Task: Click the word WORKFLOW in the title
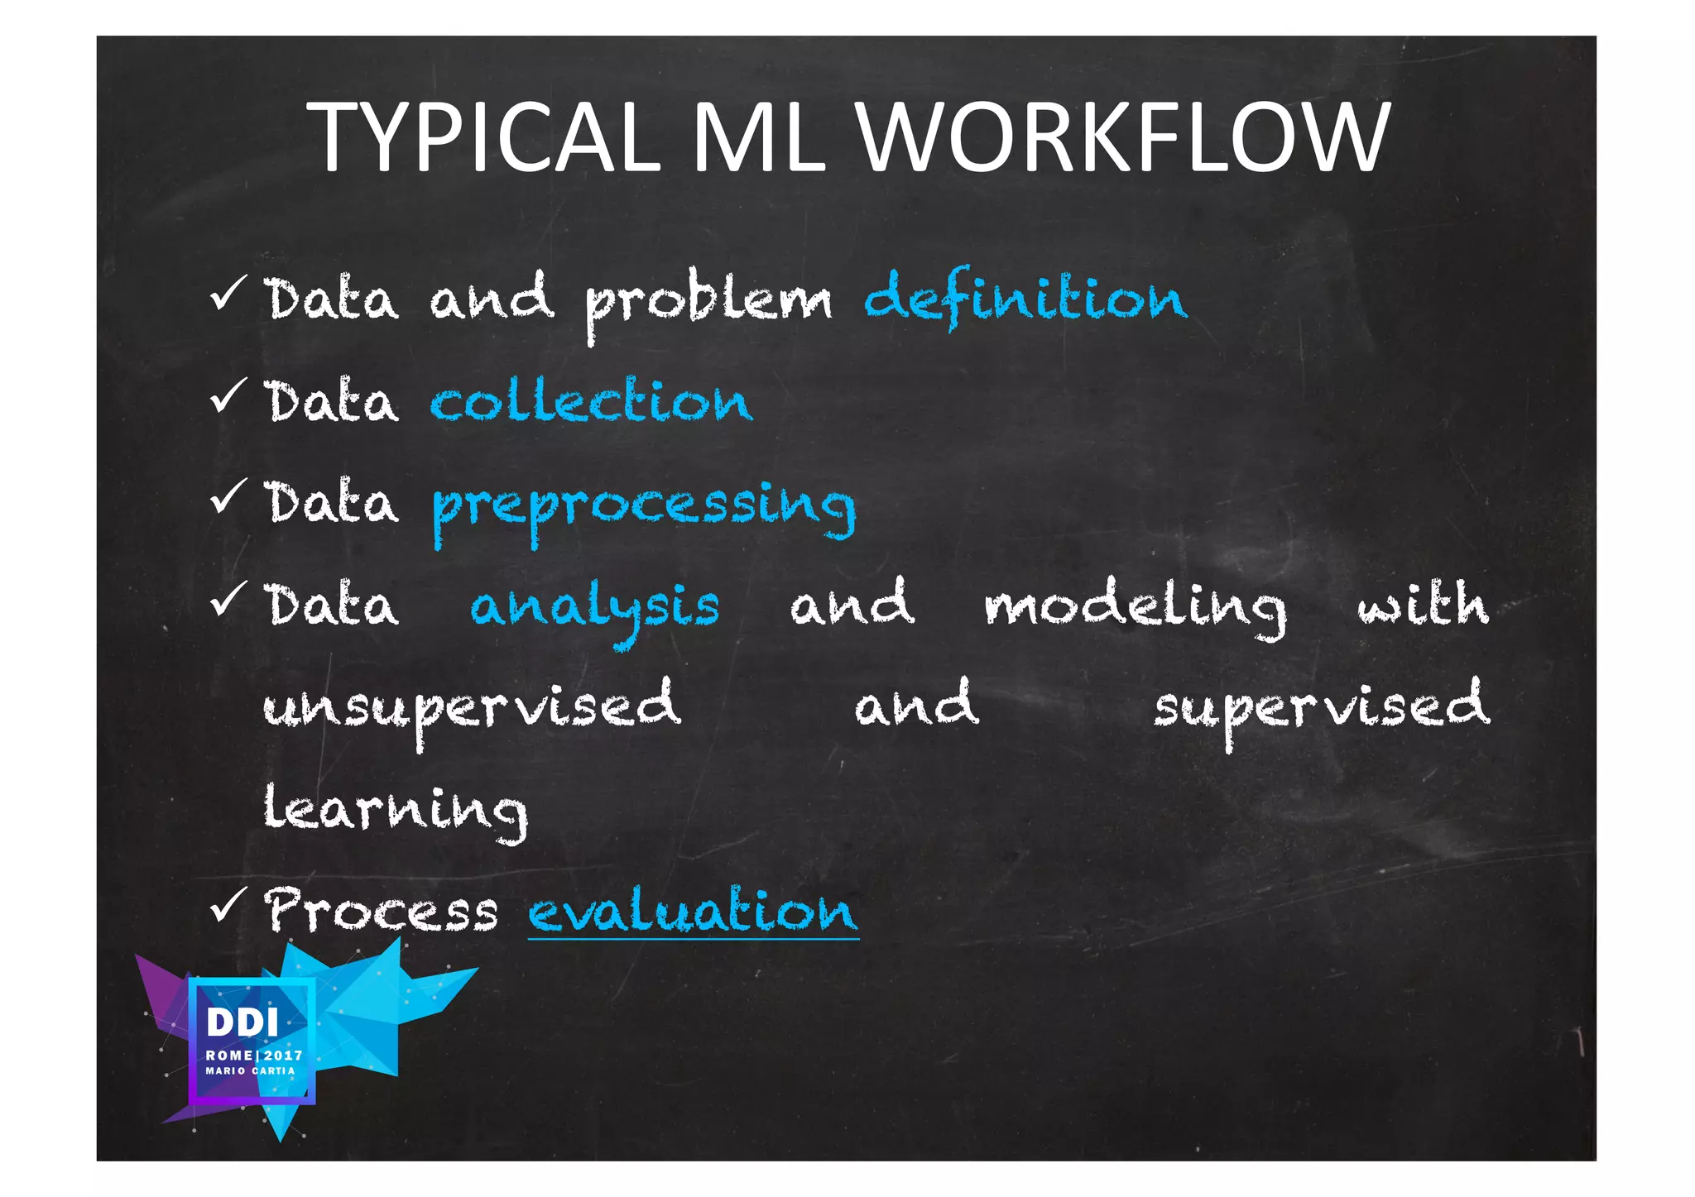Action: click(x=1123, y=137)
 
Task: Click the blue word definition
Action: click(x=1025, y=298)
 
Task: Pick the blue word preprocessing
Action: click(x=644, y=507)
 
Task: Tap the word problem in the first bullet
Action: click(x=708, y=302)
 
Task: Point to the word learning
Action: click(x=395, y=811)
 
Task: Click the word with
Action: click(x=1423, y=604)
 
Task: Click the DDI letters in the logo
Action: click(x=242, y=1022)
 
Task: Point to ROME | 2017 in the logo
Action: click(x=254, y=1056)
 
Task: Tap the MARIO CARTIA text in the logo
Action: click(x=250, y=1070)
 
